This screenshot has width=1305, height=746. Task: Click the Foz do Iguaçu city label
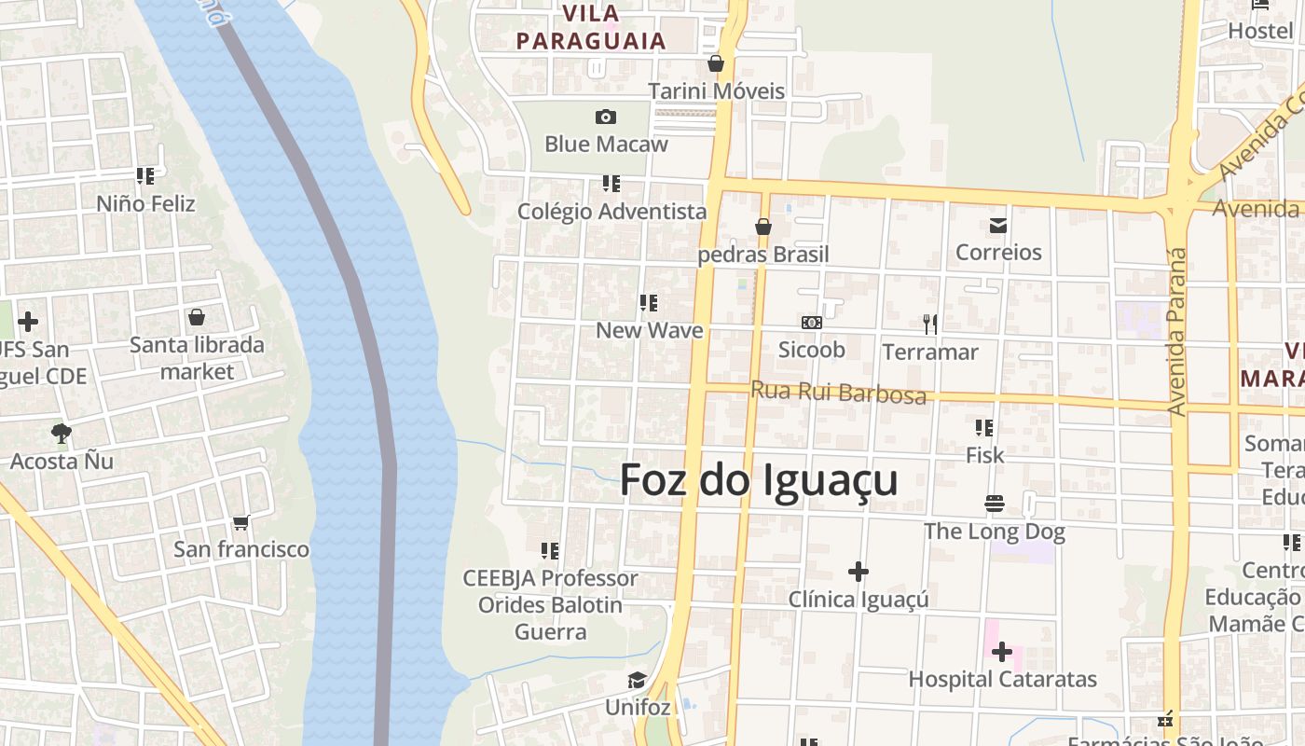[x=759, y=480]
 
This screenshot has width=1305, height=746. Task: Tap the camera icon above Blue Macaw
[x=606, y=117]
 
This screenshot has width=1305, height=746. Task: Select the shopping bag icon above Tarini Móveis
[x=716, y=63]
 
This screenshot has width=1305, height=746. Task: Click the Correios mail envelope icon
[x=998, y=225]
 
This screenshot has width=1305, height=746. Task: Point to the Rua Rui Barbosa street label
[x=839, y=393]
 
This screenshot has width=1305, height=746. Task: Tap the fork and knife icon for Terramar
[x=929, y=324]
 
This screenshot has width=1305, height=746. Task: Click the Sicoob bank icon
[x=812, y=322]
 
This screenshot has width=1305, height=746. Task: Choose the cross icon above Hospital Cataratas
[x=1002, y=651]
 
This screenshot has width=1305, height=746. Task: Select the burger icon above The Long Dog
[x=994, y=504]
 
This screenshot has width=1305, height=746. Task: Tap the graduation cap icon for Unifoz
[x=638, y=680]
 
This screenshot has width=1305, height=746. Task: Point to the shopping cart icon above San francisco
[x=241, y=522]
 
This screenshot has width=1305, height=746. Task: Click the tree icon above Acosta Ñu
[x=62, y=433]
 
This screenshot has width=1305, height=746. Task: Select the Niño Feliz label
[x=146, y=203]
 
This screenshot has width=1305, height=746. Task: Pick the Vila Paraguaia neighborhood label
[x=592, y=28]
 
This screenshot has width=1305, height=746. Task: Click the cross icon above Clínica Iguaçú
[x=859, y=571]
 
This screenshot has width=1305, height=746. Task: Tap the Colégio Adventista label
[x=612, y=212]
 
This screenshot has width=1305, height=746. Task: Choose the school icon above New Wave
[x=649, y=303]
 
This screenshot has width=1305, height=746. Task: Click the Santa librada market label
[x=197, y=358]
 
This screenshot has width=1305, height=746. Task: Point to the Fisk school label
[x=985, y=455]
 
